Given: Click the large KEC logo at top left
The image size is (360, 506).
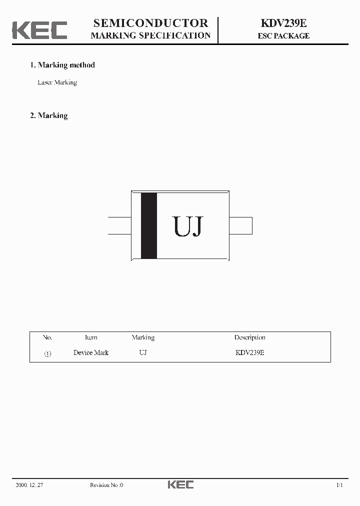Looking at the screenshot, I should click(39, 29).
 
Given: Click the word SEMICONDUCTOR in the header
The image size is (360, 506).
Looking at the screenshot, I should click(150, 23).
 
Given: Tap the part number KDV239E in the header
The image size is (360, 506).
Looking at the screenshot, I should click(283, 23).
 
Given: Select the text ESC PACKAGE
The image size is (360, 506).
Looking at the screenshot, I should click(283, 36).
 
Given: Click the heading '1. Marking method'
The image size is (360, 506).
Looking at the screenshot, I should click(62, 65).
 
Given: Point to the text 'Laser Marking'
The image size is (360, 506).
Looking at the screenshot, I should click(57, 82).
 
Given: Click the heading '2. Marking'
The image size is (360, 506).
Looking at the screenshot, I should click(49, 115).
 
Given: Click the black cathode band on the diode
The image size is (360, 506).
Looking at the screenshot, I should click(149, 225).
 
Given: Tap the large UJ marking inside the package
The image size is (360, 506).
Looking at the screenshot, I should click(188, 227).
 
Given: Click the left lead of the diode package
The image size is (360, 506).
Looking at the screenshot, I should click(119, 225).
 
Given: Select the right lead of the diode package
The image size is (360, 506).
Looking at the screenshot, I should click(240, 225).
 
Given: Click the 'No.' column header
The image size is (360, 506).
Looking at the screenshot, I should click(47, 337).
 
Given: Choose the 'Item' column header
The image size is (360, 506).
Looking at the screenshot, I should click(91, 337).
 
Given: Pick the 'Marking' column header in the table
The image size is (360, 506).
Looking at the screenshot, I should click(143, 337).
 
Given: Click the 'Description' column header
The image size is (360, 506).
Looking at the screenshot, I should click(249, 337).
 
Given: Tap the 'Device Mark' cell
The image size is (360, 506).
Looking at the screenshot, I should click(91, 352).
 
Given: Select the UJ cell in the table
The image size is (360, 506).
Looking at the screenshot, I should click(143, 352).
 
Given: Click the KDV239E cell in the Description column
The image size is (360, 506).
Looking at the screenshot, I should click(249, 352).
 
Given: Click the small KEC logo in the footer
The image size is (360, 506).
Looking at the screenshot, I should click(180, 484).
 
